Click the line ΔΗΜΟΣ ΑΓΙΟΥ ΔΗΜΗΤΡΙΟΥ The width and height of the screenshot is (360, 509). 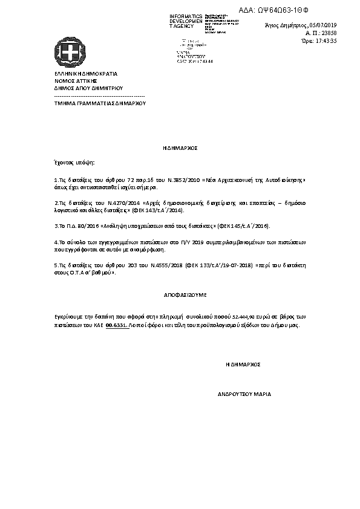88,88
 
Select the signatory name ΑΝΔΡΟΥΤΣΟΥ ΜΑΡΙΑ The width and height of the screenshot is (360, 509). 244,394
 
